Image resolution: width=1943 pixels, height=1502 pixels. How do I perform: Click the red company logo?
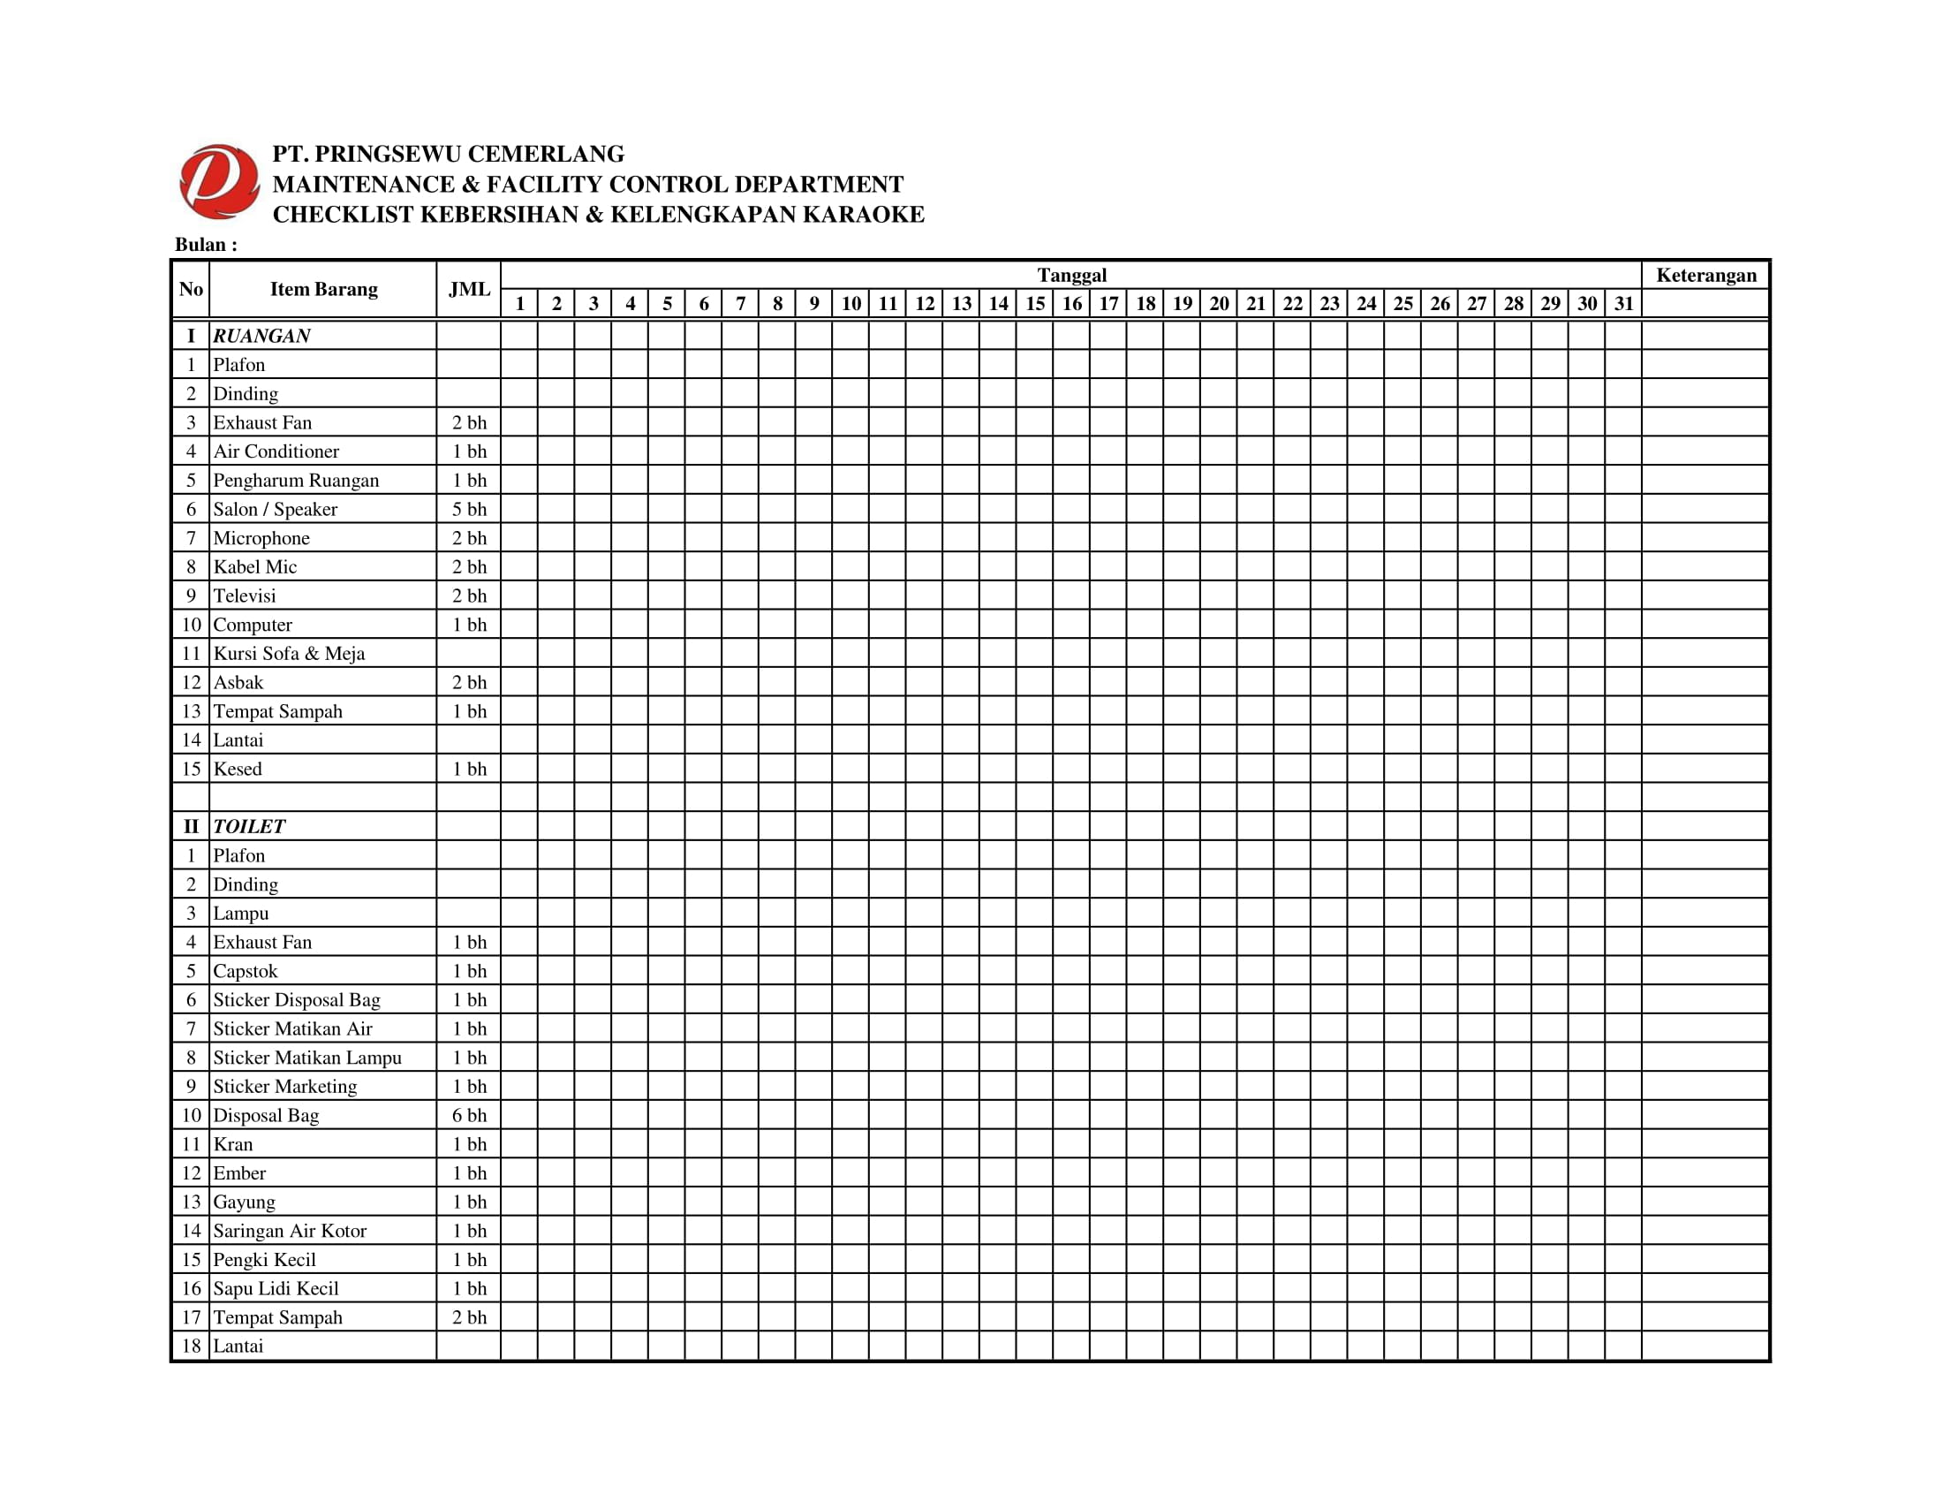[x=219, y=182]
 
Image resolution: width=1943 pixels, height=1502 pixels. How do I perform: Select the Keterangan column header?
[x=1705, y=275]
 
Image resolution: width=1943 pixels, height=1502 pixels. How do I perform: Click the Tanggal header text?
[x=1071, y=275]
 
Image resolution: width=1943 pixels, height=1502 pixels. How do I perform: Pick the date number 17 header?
[x=1108, y=303]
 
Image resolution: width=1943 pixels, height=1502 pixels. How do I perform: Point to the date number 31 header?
[x=1623, y=303]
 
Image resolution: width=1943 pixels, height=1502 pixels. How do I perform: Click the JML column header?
[x=469, y=289]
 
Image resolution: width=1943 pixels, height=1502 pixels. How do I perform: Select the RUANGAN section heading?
[x=261, y=336]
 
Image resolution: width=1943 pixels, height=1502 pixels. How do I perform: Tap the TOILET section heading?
[x=249, y=826]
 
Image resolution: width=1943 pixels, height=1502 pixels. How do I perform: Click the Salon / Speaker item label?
[x=275, y=509]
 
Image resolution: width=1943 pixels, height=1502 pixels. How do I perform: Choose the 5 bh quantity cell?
[x=469, y=509]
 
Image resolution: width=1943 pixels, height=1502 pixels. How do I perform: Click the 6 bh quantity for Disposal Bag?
[x=469, y=1115]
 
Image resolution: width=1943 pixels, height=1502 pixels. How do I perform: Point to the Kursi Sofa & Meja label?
[x=289, y=653]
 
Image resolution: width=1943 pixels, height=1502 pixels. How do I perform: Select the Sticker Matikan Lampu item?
[x=307, y=1057]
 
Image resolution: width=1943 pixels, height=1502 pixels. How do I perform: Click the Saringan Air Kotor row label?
[x=289, y=1231]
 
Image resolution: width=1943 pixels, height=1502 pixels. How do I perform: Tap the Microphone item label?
[x=261, y=537]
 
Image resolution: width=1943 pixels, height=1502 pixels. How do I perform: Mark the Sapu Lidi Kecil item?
[x=276, y=1288]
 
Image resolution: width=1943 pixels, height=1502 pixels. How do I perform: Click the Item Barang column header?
[x=324, y=289]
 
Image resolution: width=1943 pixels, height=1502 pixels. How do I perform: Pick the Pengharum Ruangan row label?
[x=296, y=481]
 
